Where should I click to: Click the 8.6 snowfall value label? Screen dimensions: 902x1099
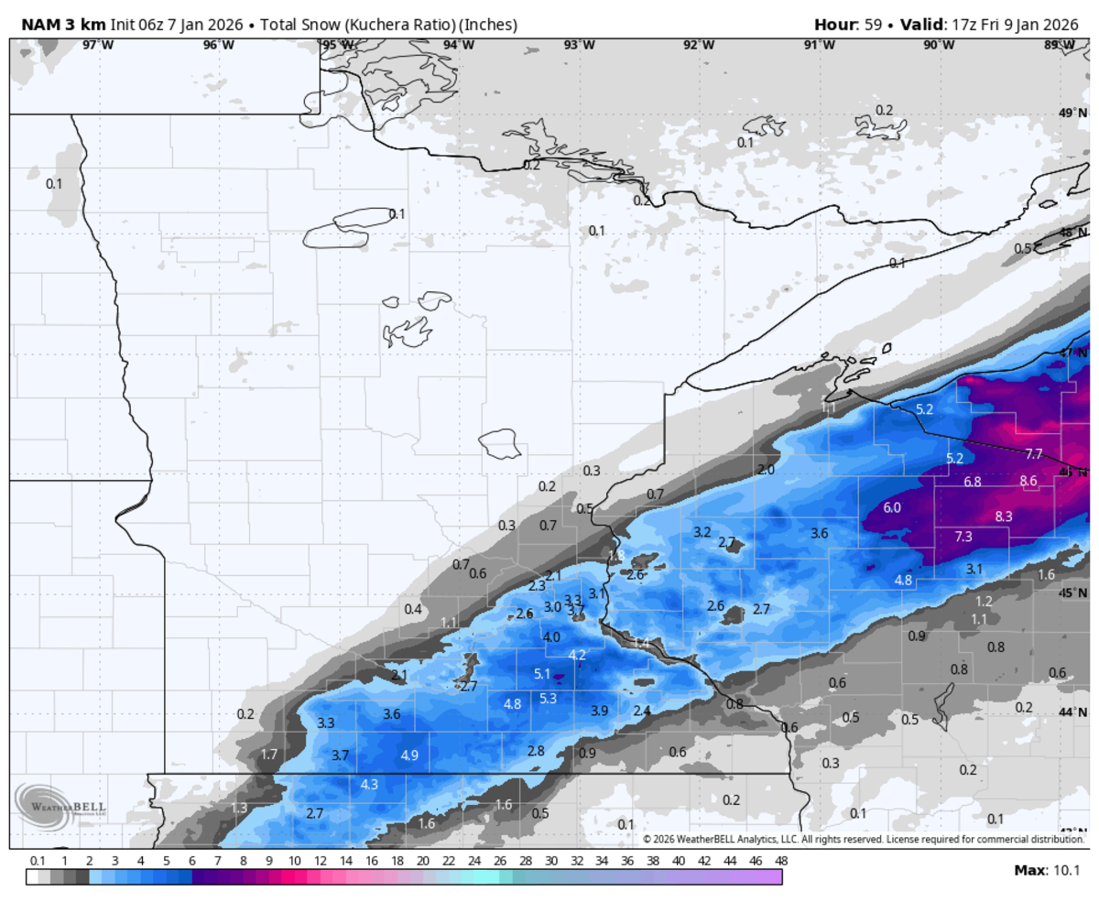[x=1028, y=481]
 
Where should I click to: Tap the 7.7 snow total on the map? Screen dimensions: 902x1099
[x=1033, y=454]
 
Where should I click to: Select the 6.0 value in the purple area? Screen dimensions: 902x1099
[x=891, y=507]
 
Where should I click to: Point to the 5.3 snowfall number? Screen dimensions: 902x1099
[x=548, y=698]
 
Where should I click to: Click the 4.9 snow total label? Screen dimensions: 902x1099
[x=409, y=755]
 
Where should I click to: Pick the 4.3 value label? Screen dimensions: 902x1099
[x=369, y=785]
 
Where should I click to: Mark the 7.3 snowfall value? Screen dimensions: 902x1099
[x=963, y=537]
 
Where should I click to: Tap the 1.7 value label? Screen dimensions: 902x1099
[x=268, y=755]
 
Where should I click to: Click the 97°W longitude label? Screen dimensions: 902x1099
[x=98, y=45]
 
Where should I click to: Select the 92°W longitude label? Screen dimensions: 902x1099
[x=698, y=45]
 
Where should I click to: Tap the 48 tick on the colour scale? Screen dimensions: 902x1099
[x=780, y=861]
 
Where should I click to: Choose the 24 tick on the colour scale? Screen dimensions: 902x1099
[x=473, y=861]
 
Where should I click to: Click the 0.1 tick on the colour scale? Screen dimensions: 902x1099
[x=38, y=861]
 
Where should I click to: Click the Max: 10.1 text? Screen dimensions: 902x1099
[x=1047, y=870]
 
